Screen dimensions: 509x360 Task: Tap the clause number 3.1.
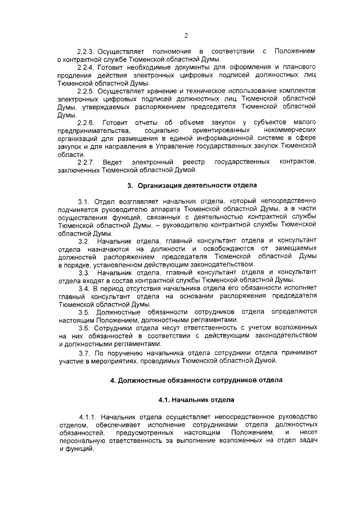coord(84,201)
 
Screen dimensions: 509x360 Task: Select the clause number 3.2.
coord(84,241)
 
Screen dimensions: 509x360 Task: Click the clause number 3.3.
coord(84,272)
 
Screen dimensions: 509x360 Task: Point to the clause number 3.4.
coord(84,288)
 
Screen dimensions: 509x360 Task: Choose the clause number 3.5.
coord(84,312)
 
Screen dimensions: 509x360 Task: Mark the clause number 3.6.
coord(84,327)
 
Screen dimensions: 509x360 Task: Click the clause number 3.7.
coord(84,352)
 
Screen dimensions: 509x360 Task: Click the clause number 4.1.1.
coord(89,417)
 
